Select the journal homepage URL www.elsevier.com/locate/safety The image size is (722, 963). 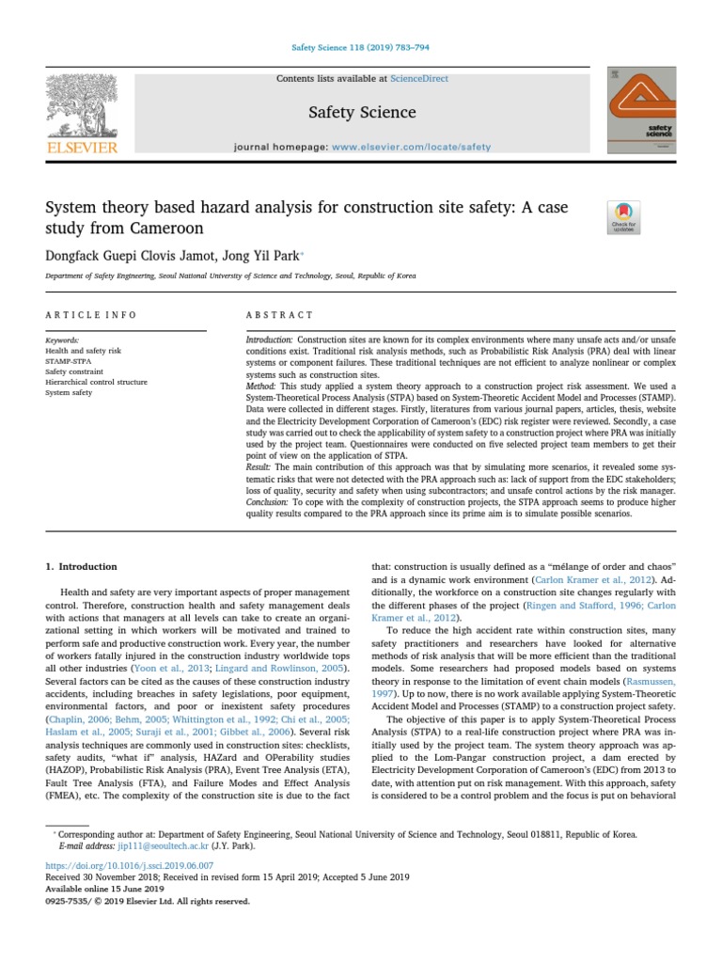click(412, 148)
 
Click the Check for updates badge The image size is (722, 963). click(624, 217)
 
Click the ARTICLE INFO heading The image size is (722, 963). click(91, 315)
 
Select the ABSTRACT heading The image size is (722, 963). click(279, 315)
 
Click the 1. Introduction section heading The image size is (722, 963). click(82, 567)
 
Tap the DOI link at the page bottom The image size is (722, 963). click(130, 865)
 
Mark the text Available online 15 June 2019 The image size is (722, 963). click(104, 888)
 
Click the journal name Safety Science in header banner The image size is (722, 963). click(362, 113)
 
